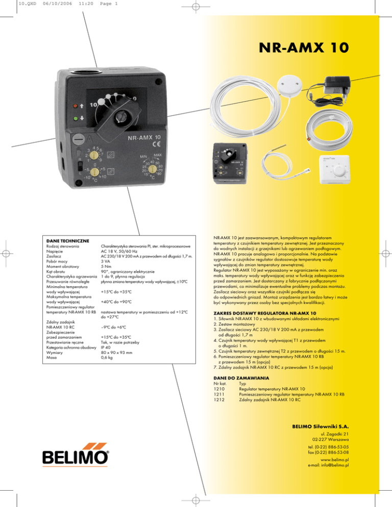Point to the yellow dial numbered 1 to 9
[94, 155]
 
